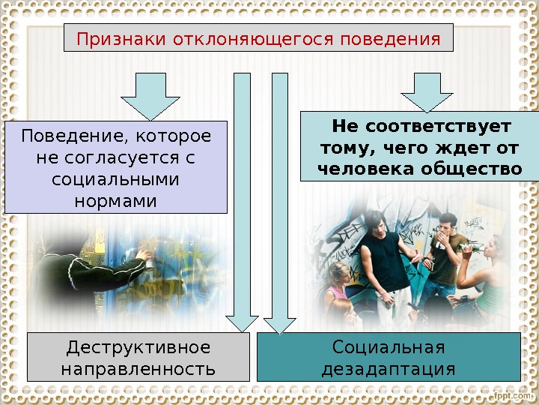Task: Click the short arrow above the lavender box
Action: [x=150, y=95]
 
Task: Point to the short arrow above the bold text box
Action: [x=427, y=91]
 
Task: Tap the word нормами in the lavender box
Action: [x=116, y=201]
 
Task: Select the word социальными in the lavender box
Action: [x=116, y=179]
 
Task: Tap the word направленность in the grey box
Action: [x=138, y=369]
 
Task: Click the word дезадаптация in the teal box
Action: [x=389, y=369]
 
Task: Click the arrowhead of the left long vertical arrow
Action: [x=243, y=323]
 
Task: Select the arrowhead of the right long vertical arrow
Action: [x=280, y=325]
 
